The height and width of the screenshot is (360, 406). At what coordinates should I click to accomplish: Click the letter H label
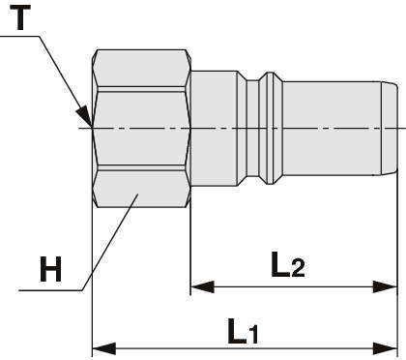pyautogui.click(x=50, y=269)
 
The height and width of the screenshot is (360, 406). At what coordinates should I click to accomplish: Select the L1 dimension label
pyautogui.click(x=243, y=331)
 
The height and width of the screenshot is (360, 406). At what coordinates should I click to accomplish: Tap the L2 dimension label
pyautogui.click(x=288, y=264)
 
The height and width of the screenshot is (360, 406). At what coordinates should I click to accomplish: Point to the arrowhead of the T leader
pyautogui.click(x=84, y=115)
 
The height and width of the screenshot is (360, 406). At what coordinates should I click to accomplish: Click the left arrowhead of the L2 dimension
pyautogui.click(x=202, y=286)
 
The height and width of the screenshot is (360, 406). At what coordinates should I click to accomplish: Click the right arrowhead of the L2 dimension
pyautogui.click(x=385, y=286)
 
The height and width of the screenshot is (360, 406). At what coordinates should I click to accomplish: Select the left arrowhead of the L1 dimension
pyautogui.click(x=103, y=348)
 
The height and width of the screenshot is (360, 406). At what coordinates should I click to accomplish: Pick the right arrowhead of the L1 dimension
pyautogui.click(x=385, y=348)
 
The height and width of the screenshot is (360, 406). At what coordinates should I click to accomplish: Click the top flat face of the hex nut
pyautogui.click(x=142, y=68)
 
